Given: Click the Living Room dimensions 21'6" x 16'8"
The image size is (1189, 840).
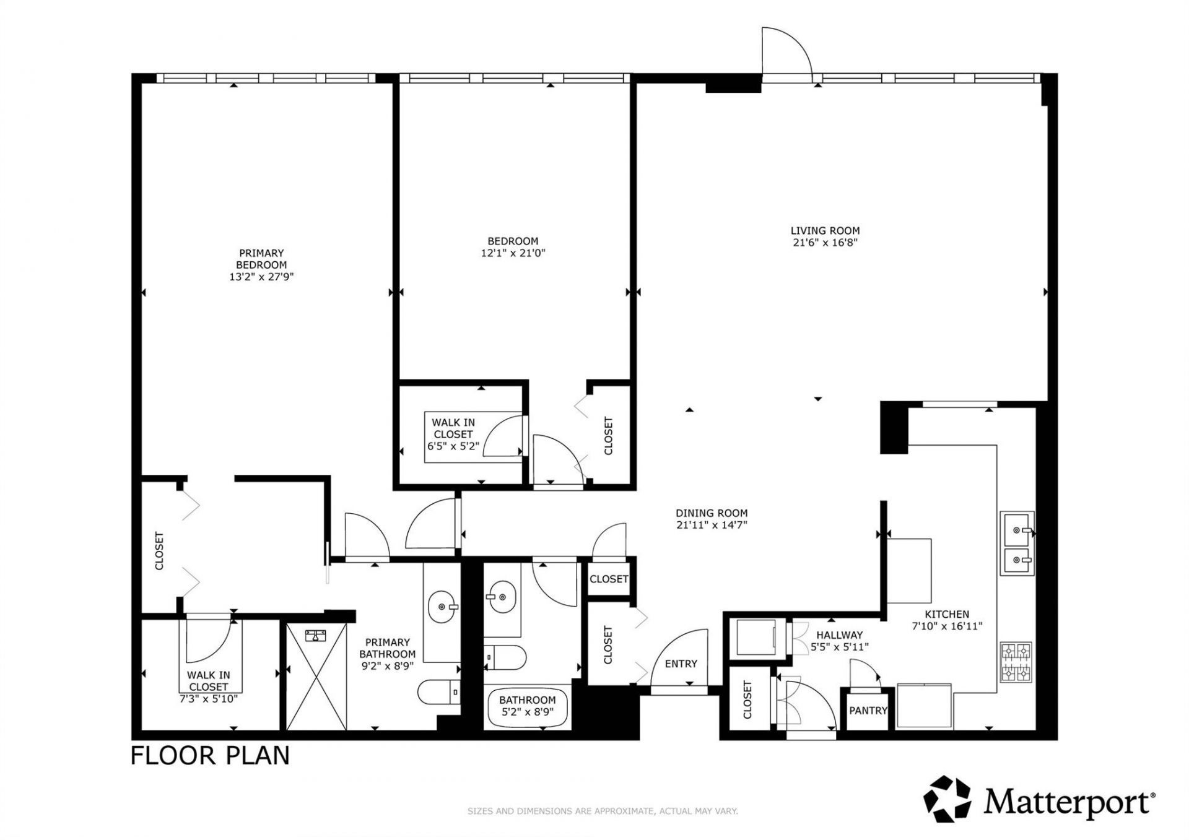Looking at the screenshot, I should point(825,243).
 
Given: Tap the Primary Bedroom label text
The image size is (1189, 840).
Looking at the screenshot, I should point(261,259).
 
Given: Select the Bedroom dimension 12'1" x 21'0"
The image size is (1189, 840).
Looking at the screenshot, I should point(513,253).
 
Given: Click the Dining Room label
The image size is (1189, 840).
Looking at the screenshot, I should point(712,513).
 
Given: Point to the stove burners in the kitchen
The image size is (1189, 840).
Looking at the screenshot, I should point(1016,662).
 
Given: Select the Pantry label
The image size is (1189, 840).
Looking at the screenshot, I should point(868,711).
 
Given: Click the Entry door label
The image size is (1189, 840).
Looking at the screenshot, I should point(681,664).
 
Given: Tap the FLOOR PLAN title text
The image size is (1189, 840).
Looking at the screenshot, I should point(210,756).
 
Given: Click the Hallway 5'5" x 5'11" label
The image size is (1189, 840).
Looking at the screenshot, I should point(839,641).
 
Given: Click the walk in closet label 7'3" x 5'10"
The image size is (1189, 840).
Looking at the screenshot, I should point(209,687).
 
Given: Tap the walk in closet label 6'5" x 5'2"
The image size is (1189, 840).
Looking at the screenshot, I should point(453,434).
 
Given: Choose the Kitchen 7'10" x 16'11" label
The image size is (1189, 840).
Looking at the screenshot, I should point(947,620).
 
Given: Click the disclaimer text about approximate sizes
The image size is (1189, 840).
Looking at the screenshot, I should point(602,811).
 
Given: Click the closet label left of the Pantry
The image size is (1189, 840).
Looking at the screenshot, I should point(747,700).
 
